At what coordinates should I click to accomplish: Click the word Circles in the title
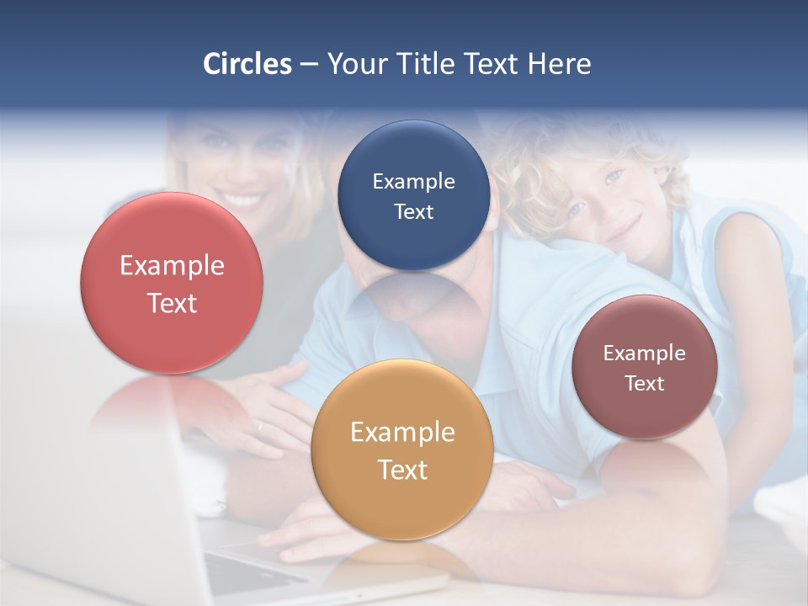[x=247, y=64]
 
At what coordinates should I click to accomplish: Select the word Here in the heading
[x=560, y=64]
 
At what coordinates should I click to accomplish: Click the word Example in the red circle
[x=172, y=266]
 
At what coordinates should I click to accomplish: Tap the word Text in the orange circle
[x=402, y=470]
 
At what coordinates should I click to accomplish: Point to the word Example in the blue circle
[x=414, y=182]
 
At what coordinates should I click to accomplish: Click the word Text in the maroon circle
[x=645, y=384]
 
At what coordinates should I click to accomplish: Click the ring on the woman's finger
[x=260, y=427]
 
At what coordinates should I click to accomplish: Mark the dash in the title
[x=309, y=65]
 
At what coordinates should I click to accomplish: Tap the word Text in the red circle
[x=172, y=303]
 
